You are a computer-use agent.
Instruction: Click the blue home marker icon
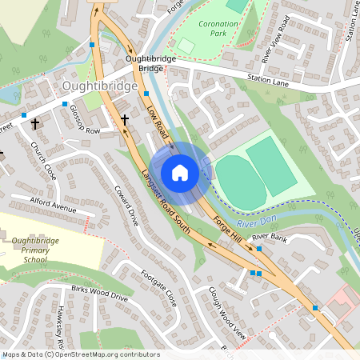click(180, 173)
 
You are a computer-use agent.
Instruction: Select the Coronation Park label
click(214, 29)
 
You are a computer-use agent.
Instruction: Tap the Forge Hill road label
click(227, 229)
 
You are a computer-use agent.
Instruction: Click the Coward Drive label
click(127, 206)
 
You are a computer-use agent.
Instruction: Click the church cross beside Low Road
click(124, 120)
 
